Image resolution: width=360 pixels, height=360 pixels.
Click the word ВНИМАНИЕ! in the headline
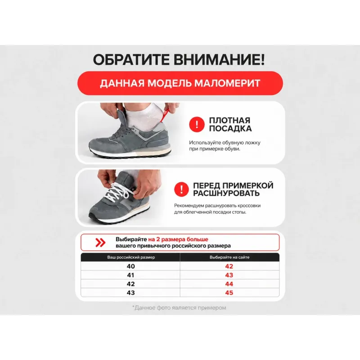219,60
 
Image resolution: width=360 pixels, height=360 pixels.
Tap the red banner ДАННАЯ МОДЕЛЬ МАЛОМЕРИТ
180,83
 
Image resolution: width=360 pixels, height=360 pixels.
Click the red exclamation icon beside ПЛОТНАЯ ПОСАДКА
197,125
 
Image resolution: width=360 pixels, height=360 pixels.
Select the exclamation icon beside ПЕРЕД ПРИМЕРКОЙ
182,189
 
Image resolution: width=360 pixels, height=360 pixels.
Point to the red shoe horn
166,115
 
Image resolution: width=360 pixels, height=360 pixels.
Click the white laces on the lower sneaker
117,192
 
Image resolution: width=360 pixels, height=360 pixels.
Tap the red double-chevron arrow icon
100,243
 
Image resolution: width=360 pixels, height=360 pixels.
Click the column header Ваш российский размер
131,257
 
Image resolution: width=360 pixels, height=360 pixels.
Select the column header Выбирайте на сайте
229,257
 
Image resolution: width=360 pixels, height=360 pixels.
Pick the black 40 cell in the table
130,266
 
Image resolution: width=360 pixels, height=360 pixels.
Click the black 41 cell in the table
130,275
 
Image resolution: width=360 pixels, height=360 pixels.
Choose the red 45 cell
229,293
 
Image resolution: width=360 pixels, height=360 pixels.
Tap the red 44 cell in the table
229,284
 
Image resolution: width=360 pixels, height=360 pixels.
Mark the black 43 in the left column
130,293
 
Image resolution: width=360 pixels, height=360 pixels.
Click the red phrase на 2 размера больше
178,239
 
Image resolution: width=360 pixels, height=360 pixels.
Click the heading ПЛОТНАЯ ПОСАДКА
230,125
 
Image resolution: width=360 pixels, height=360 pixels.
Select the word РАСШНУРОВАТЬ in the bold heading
226,193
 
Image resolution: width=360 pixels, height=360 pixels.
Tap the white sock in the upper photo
142,115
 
